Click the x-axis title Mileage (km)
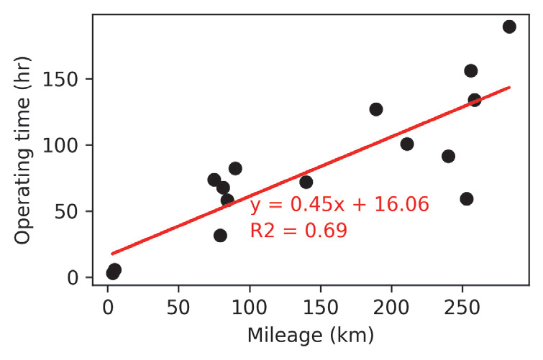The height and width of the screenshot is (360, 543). pyautogui.click(x=311, y=335)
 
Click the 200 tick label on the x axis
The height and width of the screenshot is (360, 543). pyautogui.click(x=391, y=305)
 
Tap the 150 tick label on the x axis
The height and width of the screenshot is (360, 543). pyautogui.click(x=320, y=305)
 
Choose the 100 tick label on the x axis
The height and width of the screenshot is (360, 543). pyautogui.click(x=250, y=305)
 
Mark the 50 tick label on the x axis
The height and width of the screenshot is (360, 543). pyautogui.click(x=178, y=305)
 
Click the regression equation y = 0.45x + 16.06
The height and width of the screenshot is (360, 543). pyautogui.click(x=339, y=206)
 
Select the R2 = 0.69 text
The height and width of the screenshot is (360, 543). pyautogui.click(x=298, y=231)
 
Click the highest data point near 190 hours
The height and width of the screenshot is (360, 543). pyautogui.click(x=509, y=27)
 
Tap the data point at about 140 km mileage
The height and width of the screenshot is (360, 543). pyautogui.click(x=306, y=182)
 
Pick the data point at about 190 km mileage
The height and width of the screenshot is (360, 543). pyautogui.click(x=376, y=109)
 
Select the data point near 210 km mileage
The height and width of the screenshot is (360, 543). pyautogui.click(x=407, y=144)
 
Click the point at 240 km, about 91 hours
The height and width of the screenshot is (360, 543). pyautogui.click(x=448, y=156)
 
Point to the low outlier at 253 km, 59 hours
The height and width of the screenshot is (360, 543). pyautogui.click(x=467, y=199)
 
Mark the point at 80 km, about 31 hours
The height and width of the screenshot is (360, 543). pyautogui.click(x=220, y=235)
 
